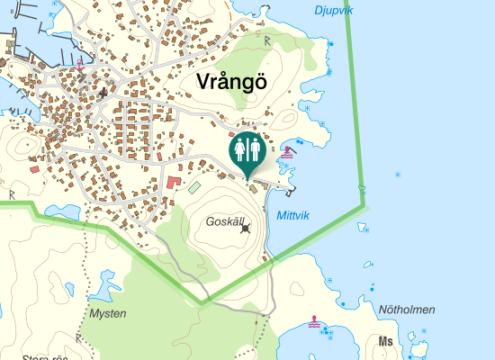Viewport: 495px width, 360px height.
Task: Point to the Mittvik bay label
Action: [x=293, y=215]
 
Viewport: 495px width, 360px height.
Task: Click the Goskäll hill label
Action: [x=225, y=221]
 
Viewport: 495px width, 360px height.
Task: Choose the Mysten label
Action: [x=108, y=313]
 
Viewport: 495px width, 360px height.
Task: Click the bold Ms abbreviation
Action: [x=387, y=341]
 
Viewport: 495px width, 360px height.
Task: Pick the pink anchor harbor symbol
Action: [x=79, y=64]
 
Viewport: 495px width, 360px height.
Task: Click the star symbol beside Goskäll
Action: [x=246, y=229]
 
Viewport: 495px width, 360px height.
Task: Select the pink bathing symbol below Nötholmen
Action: [x=314, y=320]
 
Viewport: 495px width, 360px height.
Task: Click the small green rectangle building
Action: [x=194, y=187]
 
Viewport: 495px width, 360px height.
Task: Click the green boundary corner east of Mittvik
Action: [x=365, y=206]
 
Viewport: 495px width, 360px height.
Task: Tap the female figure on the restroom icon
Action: [x=240, y=147]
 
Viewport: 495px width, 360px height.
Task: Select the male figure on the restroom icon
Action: [x=255, y=147]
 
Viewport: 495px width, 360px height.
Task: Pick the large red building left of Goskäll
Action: [x=172, y=183]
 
